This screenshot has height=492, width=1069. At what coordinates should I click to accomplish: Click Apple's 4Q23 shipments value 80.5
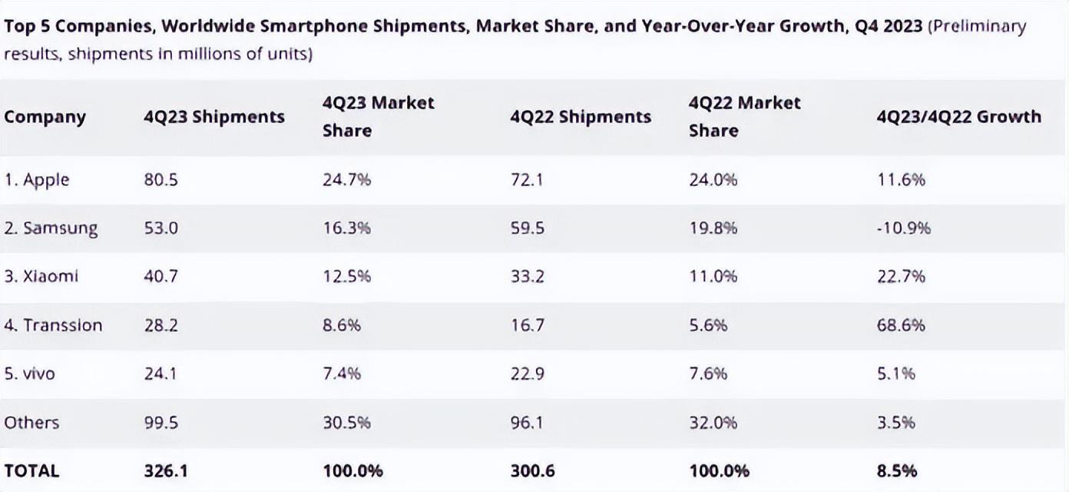click(x=160, y=180)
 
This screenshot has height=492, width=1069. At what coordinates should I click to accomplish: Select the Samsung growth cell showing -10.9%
click(x=903, y=228)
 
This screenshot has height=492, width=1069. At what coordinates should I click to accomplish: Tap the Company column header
click(x=45, y=117)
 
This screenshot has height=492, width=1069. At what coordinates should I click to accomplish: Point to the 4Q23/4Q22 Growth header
click(x=958, y=117)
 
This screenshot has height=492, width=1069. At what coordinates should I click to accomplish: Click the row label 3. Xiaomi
click(x=41, y=277)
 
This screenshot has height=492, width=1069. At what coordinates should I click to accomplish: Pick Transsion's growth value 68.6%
click(x=901, y=325)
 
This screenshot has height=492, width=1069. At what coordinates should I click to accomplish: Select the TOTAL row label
click(x=31, y=470)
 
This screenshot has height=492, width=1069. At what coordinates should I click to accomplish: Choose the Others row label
click(x=31, y=422)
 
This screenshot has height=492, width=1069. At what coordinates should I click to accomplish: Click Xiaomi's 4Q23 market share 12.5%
click(x=346, y=277)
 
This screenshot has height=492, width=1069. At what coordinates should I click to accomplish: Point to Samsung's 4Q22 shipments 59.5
click(x=527, y=228)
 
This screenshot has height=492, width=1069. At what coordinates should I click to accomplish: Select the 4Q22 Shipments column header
click(x=581, y=117)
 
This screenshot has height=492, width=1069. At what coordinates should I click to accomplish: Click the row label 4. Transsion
click(x=53, y=325)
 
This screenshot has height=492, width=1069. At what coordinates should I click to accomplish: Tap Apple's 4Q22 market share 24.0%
click(x=713, y=180)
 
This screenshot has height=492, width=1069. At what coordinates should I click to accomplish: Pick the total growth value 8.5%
click(x=896, y=470)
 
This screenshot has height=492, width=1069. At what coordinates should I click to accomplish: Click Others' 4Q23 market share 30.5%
click(x=346, y=422)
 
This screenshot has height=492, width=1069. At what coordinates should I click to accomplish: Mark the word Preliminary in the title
click(x=977, y=27)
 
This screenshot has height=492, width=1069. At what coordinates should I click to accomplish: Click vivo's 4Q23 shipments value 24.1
click(x=161, y=374)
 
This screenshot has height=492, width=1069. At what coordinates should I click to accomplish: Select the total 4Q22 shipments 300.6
click(x=531, y=470)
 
